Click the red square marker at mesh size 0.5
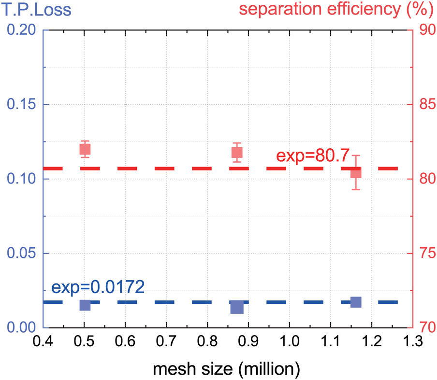(x=85, y=149)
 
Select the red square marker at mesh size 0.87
(x=237, y=153)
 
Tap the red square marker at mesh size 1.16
(x=356, y=172)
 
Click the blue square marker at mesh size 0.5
(x=85, y=305)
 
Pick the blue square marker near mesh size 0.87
(x=237, y=307)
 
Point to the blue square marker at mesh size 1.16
(x=356, y=302)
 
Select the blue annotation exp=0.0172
(x=98, y=288)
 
